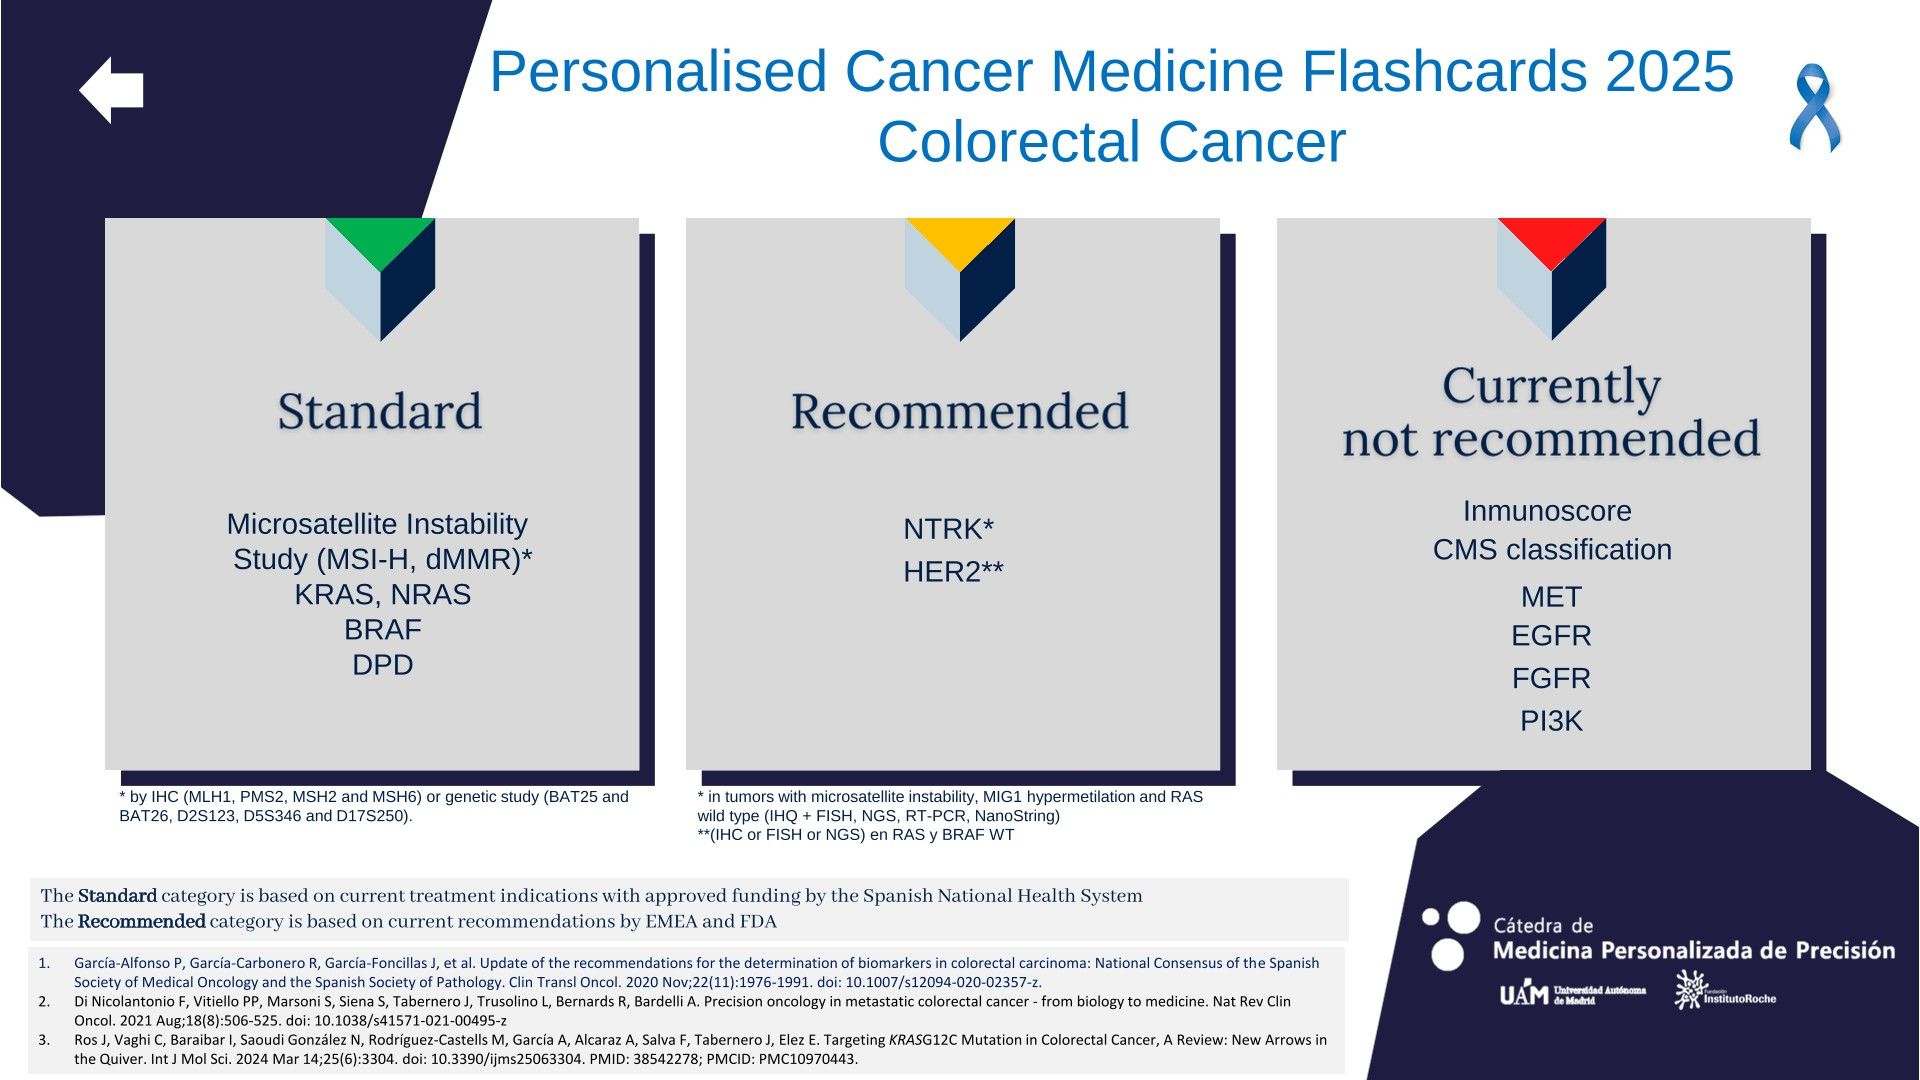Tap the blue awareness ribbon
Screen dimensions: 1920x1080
pos(1814,108)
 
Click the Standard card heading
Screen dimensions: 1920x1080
pos(380,411)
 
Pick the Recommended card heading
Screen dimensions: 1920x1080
pos(960,411)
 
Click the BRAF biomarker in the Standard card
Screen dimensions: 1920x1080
pos(383,630)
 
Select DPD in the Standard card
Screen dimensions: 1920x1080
pos(383,665)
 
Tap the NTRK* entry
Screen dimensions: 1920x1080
pos(948,529)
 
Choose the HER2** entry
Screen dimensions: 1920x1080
pos(953,572)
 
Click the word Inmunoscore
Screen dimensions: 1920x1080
pos(1547,511)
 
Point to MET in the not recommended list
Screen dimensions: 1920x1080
pos(1551,597)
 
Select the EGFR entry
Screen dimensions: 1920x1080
pos(1551,636)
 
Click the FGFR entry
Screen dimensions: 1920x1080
pos(1551,679)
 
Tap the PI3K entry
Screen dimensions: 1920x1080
pos(1551,721)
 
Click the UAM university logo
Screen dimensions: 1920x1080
pos(1572,993)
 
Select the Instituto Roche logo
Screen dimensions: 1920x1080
pos(1726,990)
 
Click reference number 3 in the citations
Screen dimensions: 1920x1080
pos(44,1040)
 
